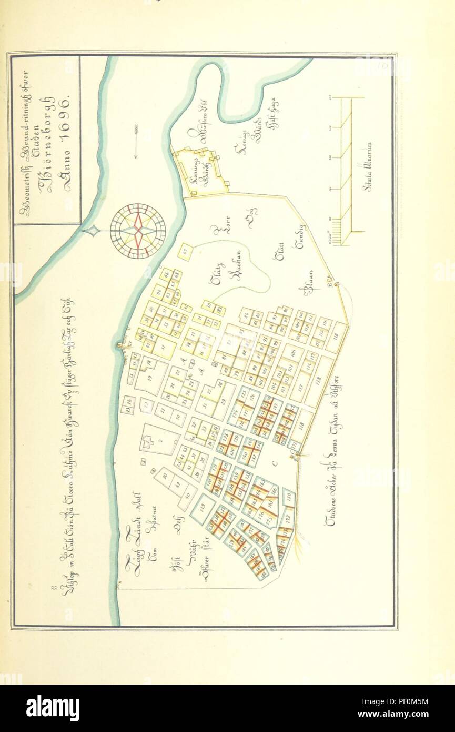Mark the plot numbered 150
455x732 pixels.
[288, 496]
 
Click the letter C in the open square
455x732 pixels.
[274, 463]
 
